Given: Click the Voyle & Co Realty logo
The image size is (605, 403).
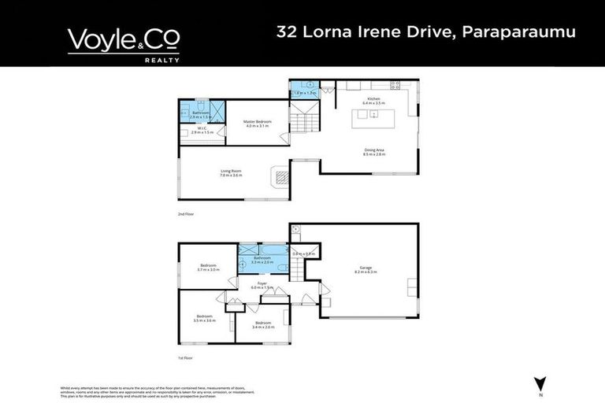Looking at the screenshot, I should pyautogui.click(x=124, y=43).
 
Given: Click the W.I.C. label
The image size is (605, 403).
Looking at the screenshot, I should pyautogui.click(x=199, y=131).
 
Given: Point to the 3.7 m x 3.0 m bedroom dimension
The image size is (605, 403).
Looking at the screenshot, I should pyautogui.click(x=209, y=270).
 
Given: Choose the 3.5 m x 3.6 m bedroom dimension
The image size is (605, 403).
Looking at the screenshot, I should pyautogui.click(x=204, y=320).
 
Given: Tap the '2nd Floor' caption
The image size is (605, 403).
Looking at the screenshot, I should pyautogui.click(x=186, y=213).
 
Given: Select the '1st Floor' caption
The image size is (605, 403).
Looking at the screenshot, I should pyautogui.click(x=186, y=357).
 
